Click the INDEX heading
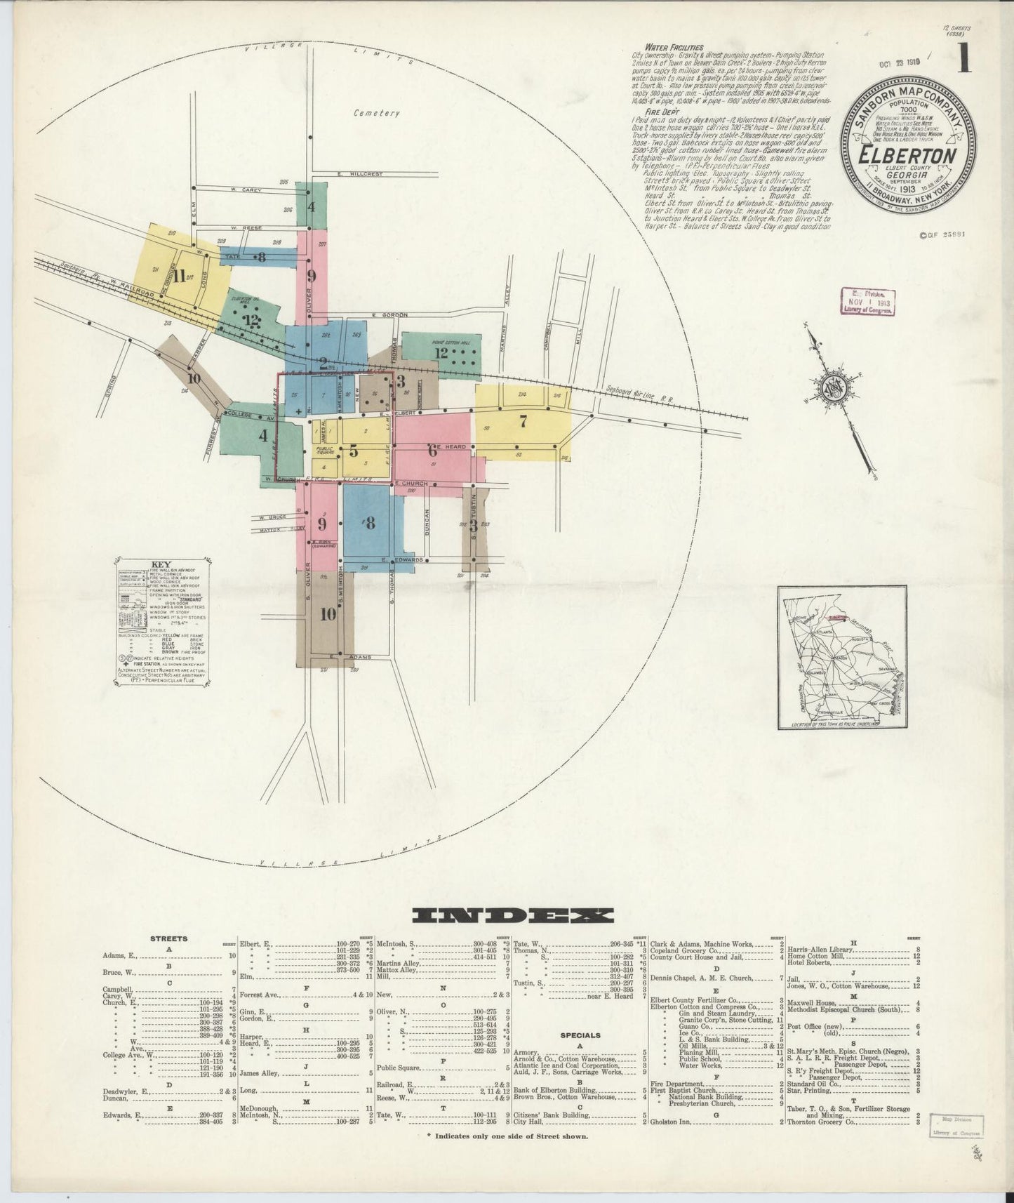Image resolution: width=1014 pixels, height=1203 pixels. (x=513, y=915)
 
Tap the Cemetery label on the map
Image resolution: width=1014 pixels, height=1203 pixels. (x=376, y=112)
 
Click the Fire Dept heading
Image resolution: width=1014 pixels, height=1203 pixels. (x=648, y=111)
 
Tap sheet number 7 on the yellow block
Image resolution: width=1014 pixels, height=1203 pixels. (x=522, y=422)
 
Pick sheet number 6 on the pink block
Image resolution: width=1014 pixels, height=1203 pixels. (x=432, y=450)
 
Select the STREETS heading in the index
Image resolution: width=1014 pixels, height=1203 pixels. (x=168, y=938)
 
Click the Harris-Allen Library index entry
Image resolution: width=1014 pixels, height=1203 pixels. (x=820, y=950)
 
